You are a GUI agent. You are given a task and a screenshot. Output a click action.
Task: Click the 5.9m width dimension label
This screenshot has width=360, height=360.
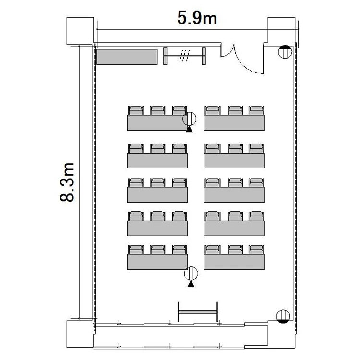pos(197,18)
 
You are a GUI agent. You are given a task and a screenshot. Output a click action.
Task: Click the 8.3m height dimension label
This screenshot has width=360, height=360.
pos(67,182)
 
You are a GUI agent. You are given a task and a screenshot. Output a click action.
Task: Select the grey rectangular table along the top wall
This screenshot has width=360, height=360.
pos(127,57)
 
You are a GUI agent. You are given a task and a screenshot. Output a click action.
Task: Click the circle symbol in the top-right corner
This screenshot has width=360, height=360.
pos(285,52)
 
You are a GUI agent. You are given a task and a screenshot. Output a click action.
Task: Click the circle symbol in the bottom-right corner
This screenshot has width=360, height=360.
pos(283,316)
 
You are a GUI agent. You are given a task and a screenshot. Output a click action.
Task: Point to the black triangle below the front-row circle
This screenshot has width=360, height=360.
pos(189,130)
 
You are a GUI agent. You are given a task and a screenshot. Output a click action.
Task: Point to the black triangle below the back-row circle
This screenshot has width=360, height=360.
pos(191,284)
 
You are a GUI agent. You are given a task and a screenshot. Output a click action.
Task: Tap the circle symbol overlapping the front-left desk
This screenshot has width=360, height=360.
pos(190,119)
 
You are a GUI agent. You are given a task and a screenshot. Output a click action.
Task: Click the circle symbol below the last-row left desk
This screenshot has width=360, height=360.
pos(191,274)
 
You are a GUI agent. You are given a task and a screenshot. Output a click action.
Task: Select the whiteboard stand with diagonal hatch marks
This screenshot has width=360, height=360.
pos(184,56)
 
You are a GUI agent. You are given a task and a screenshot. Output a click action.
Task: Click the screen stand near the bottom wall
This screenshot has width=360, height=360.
pos(198,312)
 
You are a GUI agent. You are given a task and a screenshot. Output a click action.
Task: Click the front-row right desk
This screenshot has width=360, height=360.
pos(234,122)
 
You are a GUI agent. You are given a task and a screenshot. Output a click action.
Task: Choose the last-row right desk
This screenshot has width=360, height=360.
pos(234,262)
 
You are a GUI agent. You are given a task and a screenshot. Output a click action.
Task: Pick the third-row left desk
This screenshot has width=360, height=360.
pos(157,195)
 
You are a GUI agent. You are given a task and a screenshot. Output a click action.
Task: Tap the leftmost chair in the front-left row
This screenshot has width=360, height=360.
pos(136,110)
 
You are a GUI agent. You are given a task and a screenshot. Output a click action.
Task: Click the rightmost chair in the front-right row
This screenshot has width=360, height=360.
pos(256,110)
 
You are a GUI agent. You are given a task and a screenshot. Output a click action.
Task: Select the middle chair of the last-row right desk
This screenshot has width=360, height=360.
pos(235,250)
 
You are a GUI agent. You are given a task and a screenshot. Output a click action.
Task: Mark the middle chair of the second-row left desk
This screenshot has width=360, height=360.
pos(157,148)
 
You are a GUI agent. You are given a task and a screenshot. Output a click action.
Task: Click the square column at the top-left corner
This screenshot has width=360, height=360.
pos(80,31)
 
